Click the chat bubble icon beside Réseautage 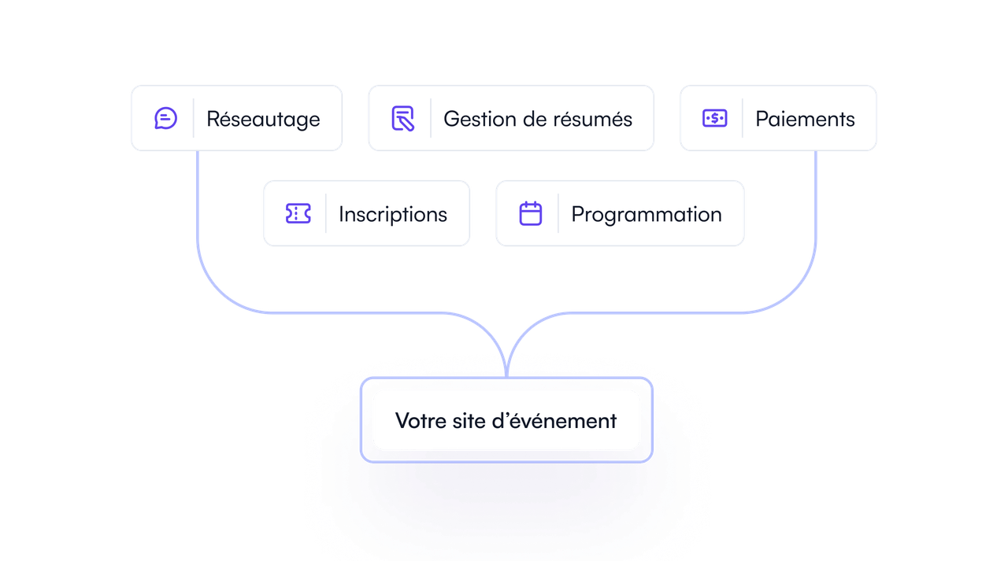tap(165, 119)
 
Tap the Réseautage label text tap(263, 120)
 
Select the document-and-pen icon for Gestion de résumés tap(402, 119)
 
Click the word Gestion tap(480, 119)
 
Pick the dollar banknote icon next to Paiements tap(714, 118)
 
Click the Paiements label tap(805, 119)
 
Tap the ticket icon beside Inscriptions tap(298, 213)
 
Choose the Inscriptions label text tap(393, 215)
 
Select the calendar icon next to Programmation tap(531, 213)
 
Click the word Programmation tap(647, 215)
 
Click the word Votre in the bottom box tap(421, 421)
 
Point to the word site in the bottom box tap(468, 421)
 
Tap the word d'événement tap(554, 421)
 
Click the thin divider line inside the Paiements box tap(742, 118)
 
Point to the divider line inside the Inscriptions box tap(326, 213)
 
